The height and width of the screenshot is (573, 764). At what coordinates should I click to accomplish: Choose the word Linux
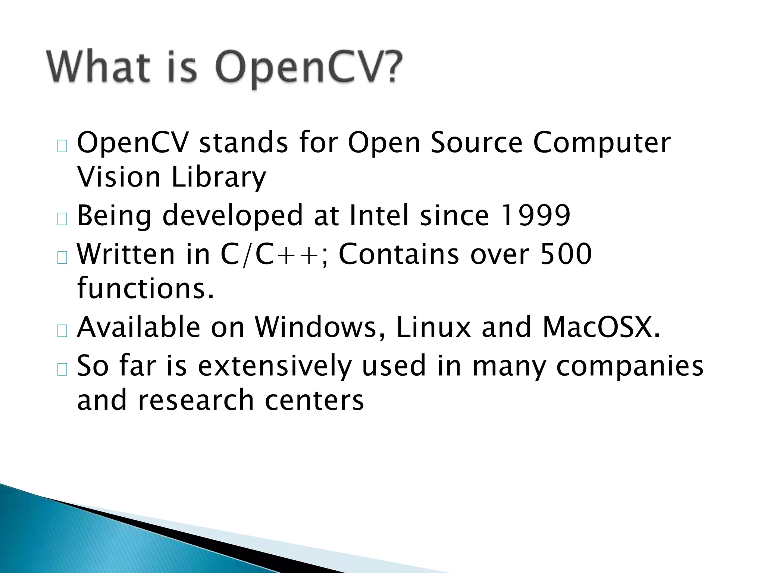click(433, 327)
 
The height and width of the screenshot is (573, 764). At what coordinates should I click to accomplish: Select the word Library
click(219, 178)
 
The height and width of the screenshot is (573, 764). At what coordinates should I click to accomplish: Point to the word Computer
click(601, 143)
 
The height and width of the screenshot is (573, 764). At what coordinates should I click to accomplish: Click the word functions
click(145, 288)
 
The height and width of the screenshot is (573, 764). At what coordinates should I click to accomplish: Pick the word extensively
click(275, 366)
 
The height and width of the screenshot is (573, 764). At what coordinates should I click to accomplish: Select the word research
click(196, 400)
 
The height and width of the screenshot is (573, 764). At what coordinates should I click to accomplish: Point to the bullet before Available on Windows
click(62, 331)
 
